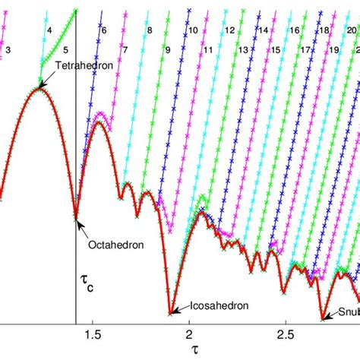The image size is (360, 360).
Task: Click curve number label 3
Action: click(8, 49)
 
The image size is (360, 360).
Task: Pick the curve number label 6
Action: click(103, 30)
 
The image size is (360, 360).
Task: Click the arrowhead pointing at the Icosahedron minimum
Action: click(171, 311)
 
